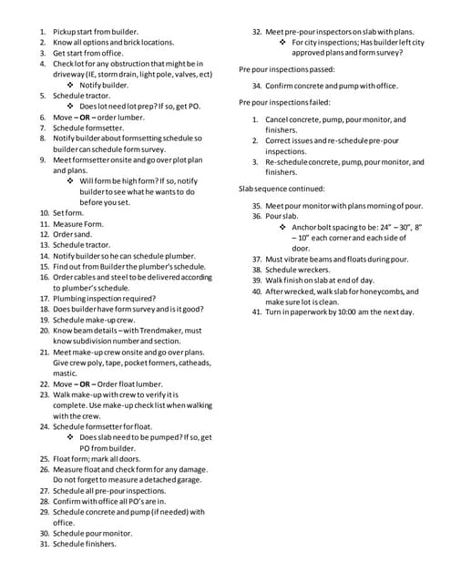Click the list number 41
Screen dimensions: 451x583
pos(257,312)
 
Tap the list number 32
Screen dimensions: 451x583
pos(257,31)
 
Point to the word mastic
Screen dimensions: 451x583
pos(65,373)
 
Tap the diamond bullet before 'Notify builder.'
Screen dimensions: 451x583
pos(70,85)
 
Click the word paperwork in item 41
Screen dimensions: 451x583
pos(312,312)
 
